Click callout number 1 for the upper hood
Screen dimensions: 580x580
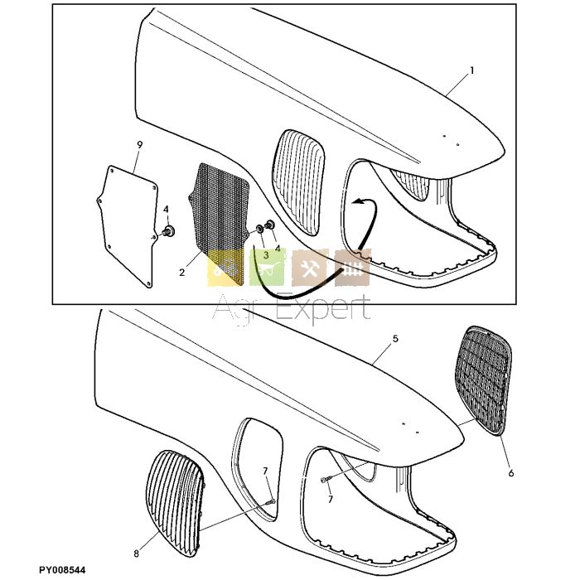coord(472,70)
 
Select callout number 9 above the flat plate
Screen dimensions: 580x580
coord(139,145)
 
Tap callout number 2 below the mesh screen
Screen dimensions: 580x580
coord(181,273)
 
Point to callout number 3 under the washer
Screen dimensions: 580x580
coord(266,255)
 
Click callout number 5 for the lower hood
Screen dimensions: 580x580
coord(395,338)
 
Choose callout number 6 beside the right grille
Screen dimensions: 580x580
coord(511,473)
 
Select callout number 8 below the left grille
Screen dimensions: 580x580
coord(137,553)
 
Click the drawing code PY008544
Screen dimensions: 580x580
coord(62,570)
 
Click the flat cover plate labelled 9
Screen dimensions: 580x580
coord(128,225)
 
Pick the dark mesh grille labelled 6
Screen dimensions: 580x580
coord(484,379)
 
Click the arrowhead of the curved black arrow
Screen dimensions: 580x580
coord(358,201)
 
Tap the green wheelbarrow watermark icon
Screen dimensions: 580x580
coord(267,268)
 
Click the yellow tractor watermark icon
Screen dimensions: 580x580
coord(225,268)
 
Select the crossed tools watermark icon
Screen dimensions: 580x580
coord(310,268)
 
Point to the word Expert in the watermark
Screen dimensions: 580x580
coord(323,308)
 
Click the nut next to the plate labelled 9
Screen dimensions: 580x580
coord(169,231)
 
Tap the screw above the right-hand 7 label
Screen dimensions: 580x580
coord(325,480)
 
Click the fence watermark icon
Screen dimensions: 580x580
coord(352,268)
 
